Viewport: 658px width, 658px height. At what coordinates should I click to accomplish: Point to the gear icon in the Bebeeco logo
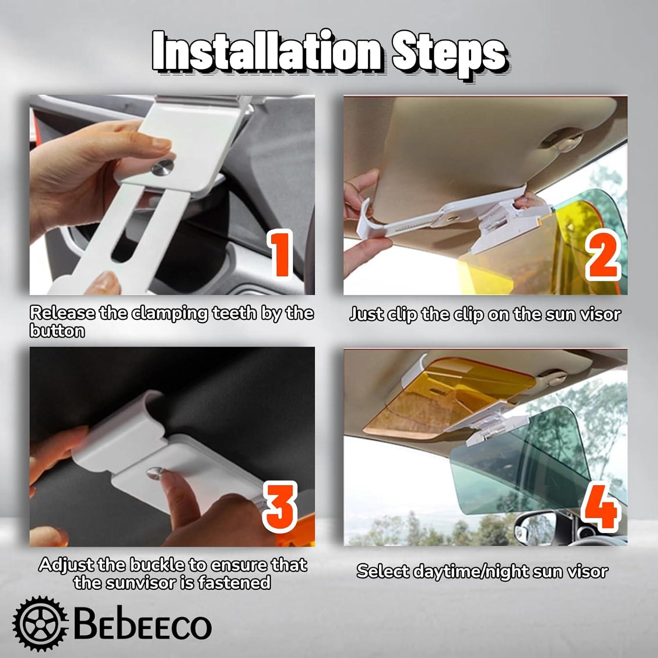point(40,623)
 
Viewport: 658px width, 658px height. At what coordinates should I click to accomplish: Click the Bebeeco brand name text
point(143,625)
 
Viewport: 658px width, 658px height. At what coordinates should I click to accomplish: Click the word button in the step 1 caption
point(57,331)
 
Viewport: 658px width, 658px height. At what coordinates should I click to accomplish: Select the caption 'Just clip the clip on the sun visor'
point(485,314)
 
